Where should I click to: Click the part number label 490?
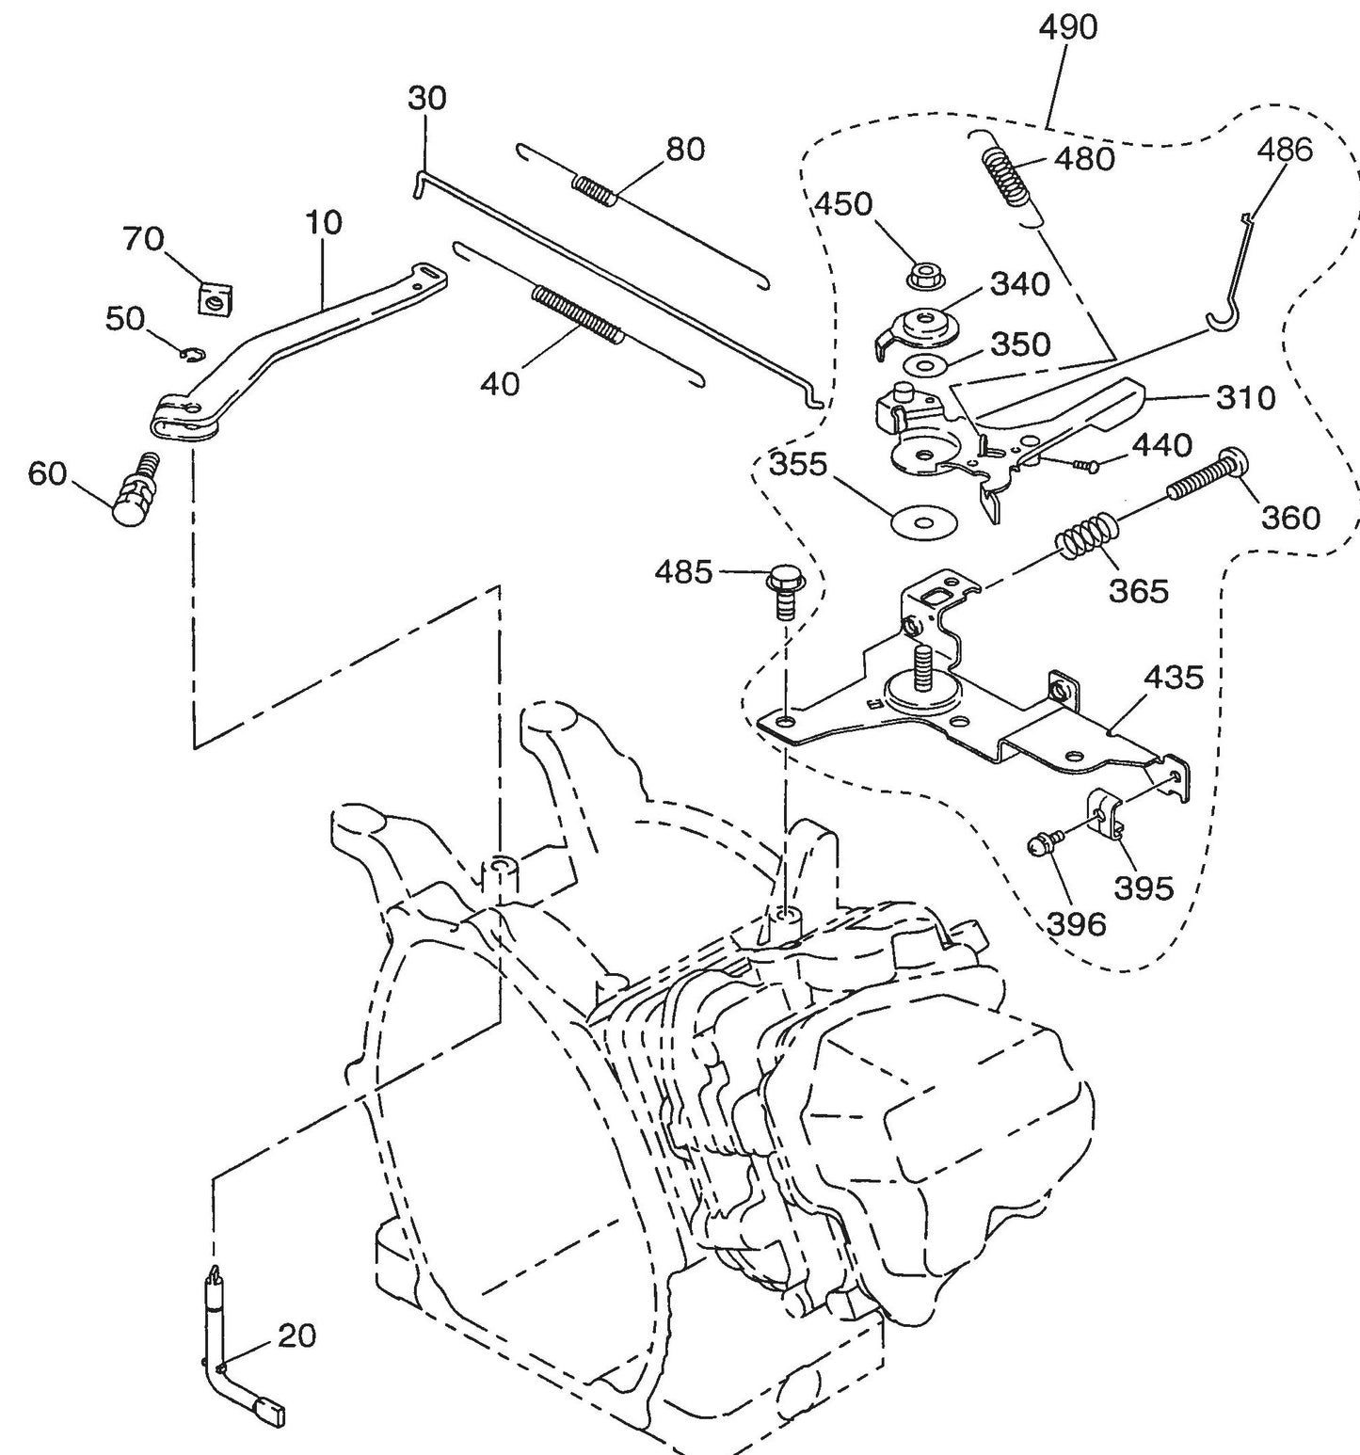tap(1067, 28)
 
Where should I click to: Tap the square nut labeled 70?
tap(216, 298)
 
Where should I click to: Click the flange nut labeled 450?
tap(920, 278)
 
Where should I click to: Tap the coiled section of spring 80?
tap(596, 189)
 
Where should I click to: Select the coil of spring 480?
tap(1006, 177)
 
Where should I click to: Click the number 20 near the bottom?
tap(297, 1335)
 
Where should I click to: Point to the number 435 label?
tap(1173, 677)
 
